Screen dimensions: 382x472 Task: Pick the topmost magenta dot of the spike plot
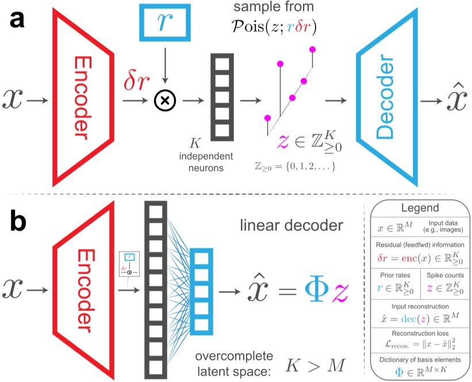click(313, 49)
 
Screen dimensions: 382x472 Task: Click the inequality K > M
click(316, 364)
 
